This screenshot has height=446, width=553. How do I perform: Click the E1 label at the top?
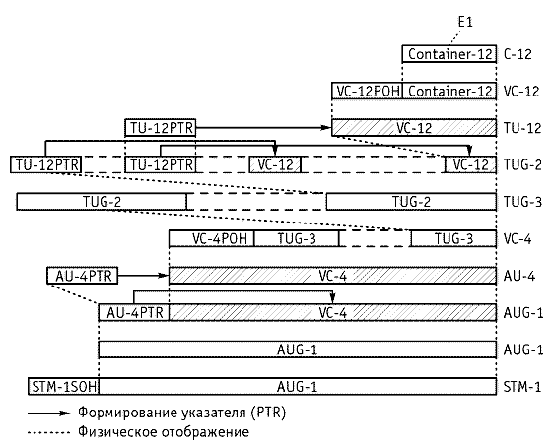[x=465, y=23]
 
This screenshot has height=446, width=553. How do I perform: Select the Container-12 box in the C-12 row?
[x=449, y=54]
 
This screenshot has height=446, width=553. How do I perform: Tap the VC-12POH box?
[x=367, y=92]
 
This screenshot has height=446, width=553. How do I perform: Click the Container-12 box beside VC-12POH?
[x=449, y=92]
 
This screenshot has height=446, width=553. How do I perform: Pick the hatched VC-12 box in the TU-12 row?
[x=414, y=128]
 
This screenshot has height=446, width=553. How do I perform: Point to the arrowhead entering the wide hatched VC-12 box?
[x=327, y=128]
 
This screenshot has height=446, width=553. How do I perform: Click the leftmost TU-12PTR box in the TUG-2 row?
[x=46, y=164]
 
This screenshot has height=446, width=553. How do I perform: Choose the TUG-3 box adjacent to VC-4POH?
[x=297, y=238]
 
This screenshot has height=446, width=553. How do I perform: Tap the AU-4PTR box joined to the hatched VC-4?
[x=134, y=312]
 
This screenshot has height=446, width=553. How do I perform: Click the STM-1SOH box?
[x=63, y=387]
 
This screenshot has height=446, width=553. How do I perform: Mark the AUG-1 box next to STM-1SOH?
[x=298, y=387]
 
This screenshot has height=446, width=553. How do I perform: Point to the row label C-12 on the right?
[x=518, y=54]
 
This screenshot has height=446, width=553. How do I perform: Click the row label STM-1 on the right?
[x=522, y=387]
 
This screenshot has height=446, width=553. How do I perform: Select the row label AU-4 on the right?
[x=519, y=276]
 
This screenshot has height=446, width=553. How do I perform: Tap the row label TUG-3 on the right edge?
[x=522, y=202]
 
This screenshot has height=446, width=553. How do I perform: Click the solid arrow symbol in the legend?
[x=49, y=414]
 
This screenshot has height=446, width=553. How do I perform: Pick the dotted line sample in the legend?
[x=49, y=432]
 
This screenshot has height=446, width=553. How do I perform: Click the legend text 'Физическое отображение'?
[x=164, y=432]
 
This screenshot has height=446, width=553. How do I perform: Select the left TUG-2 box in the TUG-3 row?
[x=102, y=202]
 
